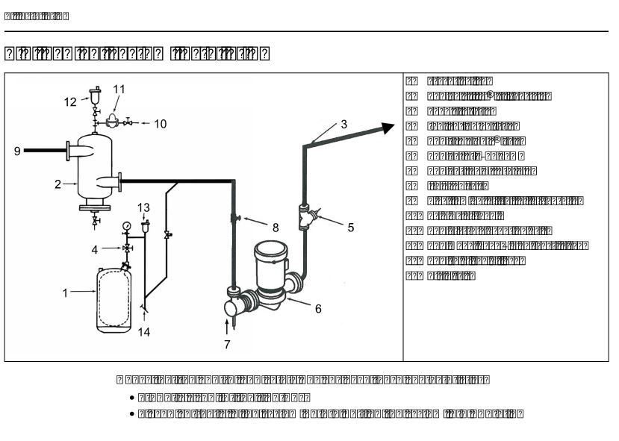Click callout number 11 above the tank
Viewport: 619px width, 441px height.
click(x=119, y=89)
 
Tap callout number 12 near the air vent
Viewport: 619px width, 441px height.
click(x=70, y=102)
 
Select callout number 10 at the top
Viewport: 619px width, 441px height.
click(x=161, y=124)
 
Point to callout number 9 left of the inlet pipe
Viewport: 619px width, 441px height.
click(x=16, y=151)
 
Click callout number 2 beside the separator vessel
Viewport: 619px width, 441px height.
click(x=57, y=184)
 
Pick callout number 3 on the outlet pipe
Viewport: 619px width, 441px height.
click(x=343, y=125)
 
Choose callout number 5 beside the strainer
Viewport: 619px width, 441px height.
click(x=350, y=228)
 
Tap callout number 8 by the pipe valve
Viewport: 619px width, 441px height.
click(x=275, y=227)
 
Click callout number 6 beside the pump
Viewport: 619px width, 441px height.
click(x=318, y=308)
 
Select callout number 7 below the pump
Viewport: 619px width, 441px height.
click(x=227, y=345)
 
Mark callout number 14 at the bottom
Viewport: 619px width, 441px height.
click(x=144, y=332)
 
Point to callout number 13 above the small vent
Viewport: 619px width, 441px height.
click(x=144, y=207)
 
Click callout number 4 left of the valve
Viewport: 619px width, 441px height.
click(x=94, y=248)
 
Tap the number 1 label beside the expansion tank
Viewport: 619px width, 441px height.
click(x=65, y=293)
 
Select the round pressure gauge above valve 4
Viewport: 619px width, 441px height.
click(x=128, y=224)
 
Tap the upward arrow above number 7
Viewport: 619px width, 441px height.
click(x=227, y=325)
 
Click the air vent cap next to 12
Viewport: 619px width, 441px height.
click(x=96, y=95)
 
